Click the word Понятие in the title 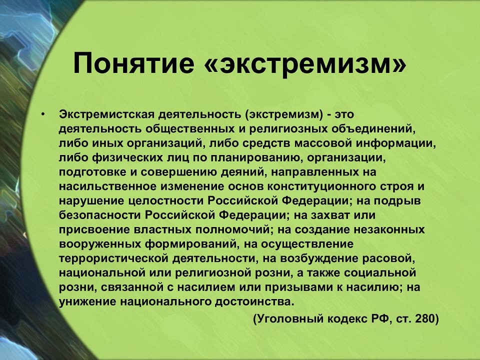pos(134,63)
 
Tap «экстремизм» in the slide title pos(304,63)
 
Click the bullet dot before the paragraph pos(43,115)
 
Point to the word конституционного pos(322,186)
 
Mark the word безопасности pos(99,215)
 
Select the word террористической pos(113,258)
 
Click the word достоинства pos(254,301)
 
